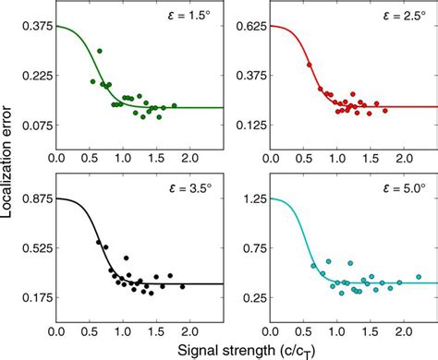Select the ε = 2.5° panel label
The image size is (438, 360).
click(387, 19)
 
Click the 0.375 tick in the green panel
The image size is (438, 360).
click(35, 27)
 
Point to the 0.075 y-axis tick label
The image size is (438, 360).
click(35, 126)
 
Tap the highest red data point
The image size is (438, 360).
click(309, 65)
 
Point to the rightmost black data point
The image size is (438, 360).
click(182, 287)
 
